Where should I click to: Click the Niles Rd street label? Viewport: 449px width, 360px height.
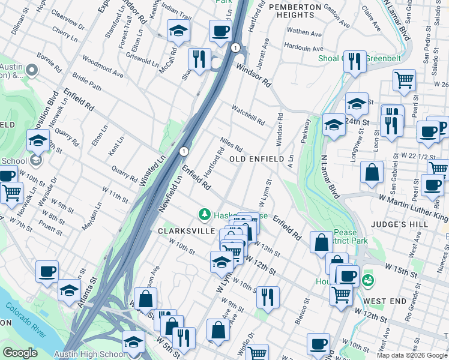[231, 144]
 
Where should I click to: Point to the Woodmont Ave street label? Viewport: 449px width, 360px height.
[103, 67]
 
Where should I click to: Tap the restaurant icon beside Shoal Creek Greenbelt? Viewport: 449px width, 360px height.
[355, 61]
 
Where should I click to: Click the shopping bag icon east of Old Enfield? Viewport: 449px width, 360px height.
[372, 172]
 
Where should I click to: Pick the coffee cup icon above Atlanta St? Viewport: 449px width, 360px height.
[47, 271]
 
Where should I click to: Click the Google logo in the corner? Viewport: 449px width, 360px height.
[19, 353]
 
